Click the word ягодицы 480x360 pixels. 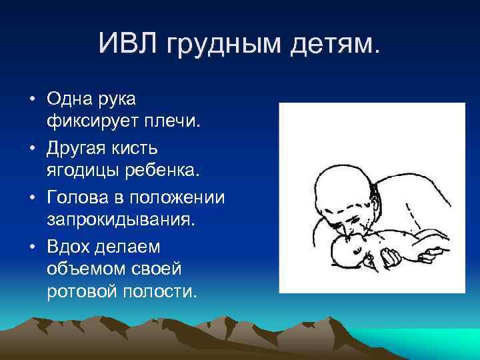coord(82,169)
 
